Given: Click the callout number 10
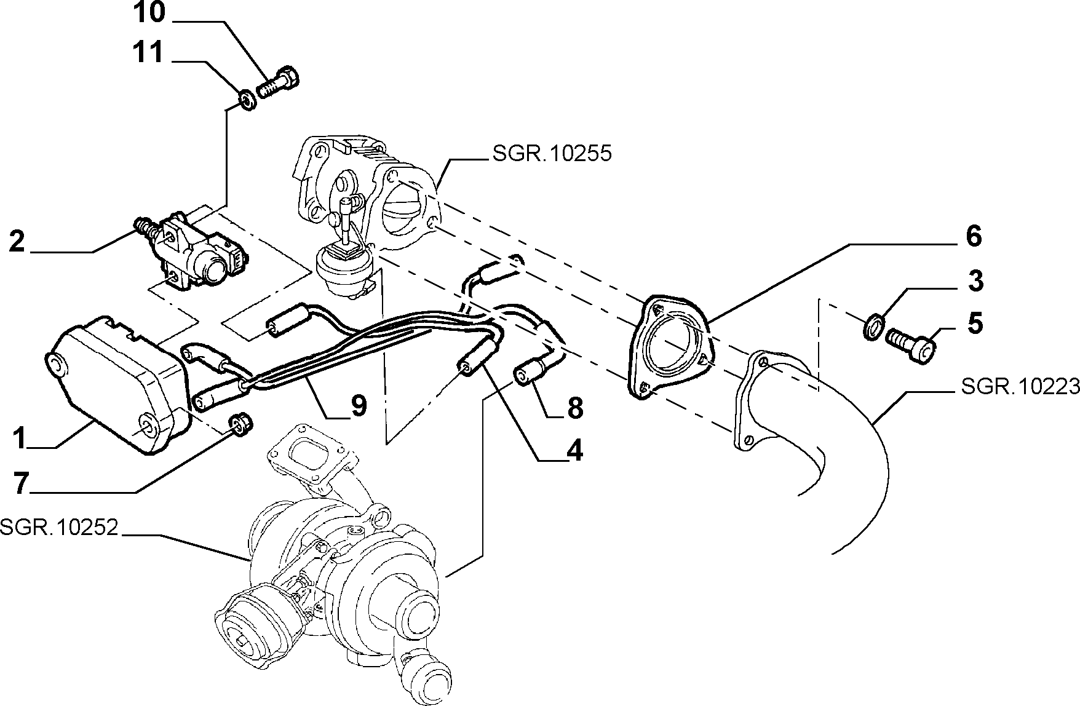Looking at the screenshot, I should (x=149, y=14).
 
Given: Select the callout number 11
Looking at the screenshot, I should (x=149, y=54).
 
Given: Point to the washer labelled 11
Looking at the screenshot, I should (x=247, y=100).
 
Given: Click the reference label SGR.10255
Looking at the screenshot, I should (x=552, y=153).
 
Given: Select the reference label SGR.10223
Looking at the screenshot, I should (x=1020, y=386).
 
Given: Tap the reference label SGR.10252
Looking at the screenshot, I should (x=58, y=528).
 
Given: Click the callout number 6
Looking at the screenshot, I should (x=973, y=236).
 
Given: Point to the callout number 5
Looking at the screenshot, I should (x=975, y=323).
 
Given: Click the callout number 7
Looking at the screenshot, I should (x=22, y=484).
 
